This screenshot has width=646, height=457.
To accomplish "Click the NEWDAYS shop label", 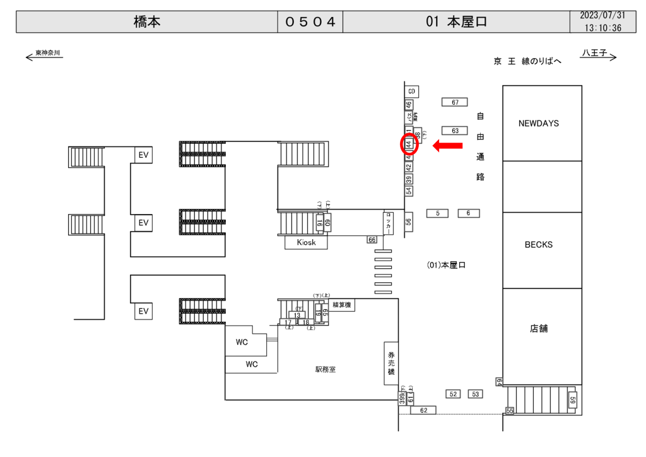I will click(x=538, y=124).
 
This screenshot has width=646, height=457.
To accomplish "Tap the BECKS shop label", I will click(x=538, y=245).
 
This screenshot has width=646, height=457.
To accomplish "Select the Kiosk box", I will click(x=306, y=242).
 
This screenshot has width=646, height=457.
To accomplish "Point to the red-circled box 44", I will click(x=409, y=145).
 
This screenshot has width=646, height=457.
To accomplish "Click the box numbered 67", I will click(x=454, y=102).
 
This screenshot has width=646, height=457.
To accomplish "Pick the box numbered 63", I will click(x=454, y=131).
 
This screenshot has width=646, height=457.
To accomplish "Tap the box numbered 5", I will click(x=437, y=213).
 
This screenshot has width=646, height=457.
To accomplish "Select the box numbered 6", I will click(x=468, y=213).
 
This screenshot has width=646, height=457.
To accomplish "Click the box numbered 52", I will click(x=453, y=394).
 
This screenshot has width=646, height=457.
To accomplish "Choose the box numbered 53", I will click(x=475, y=394).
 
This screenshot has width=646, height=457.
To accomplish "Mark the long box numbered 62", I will click(x=423, y=410).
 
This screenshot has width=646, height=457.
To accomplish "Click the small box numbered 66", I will click(x=372, y=239).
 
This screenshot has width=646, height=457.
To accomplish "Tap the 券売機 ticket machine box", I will click(x=391, y=363).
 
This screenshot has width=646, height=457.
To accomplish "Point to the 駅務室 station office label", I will click(x=326, y=369).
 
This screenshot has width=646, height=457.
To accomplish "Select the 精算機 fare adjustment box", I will click(x=343, y=305).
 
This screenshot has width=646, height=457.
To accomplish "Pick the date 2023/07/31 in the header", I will click(x=602, y=16).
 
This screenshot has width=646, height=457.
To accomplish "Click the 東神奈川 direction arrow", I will click(x=44, y=56).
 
